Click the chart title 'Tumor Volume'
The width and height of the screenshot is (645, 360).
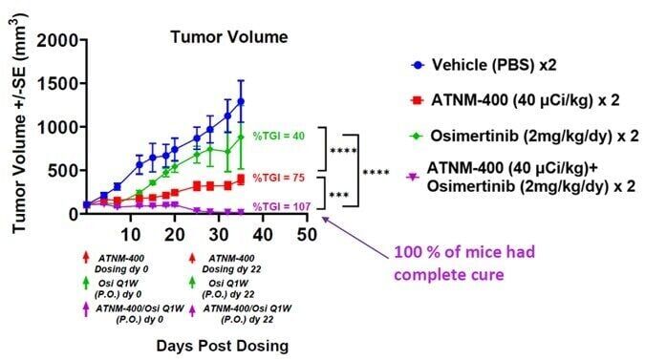coord(214,38)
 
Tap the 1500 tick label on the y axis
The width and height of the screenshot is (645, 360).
coord(56,83)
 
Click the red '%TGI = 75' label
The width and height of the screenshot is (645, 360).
coord(279,177)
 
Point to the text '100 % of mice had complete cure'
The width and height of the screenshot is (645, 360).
coord(455,263)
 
